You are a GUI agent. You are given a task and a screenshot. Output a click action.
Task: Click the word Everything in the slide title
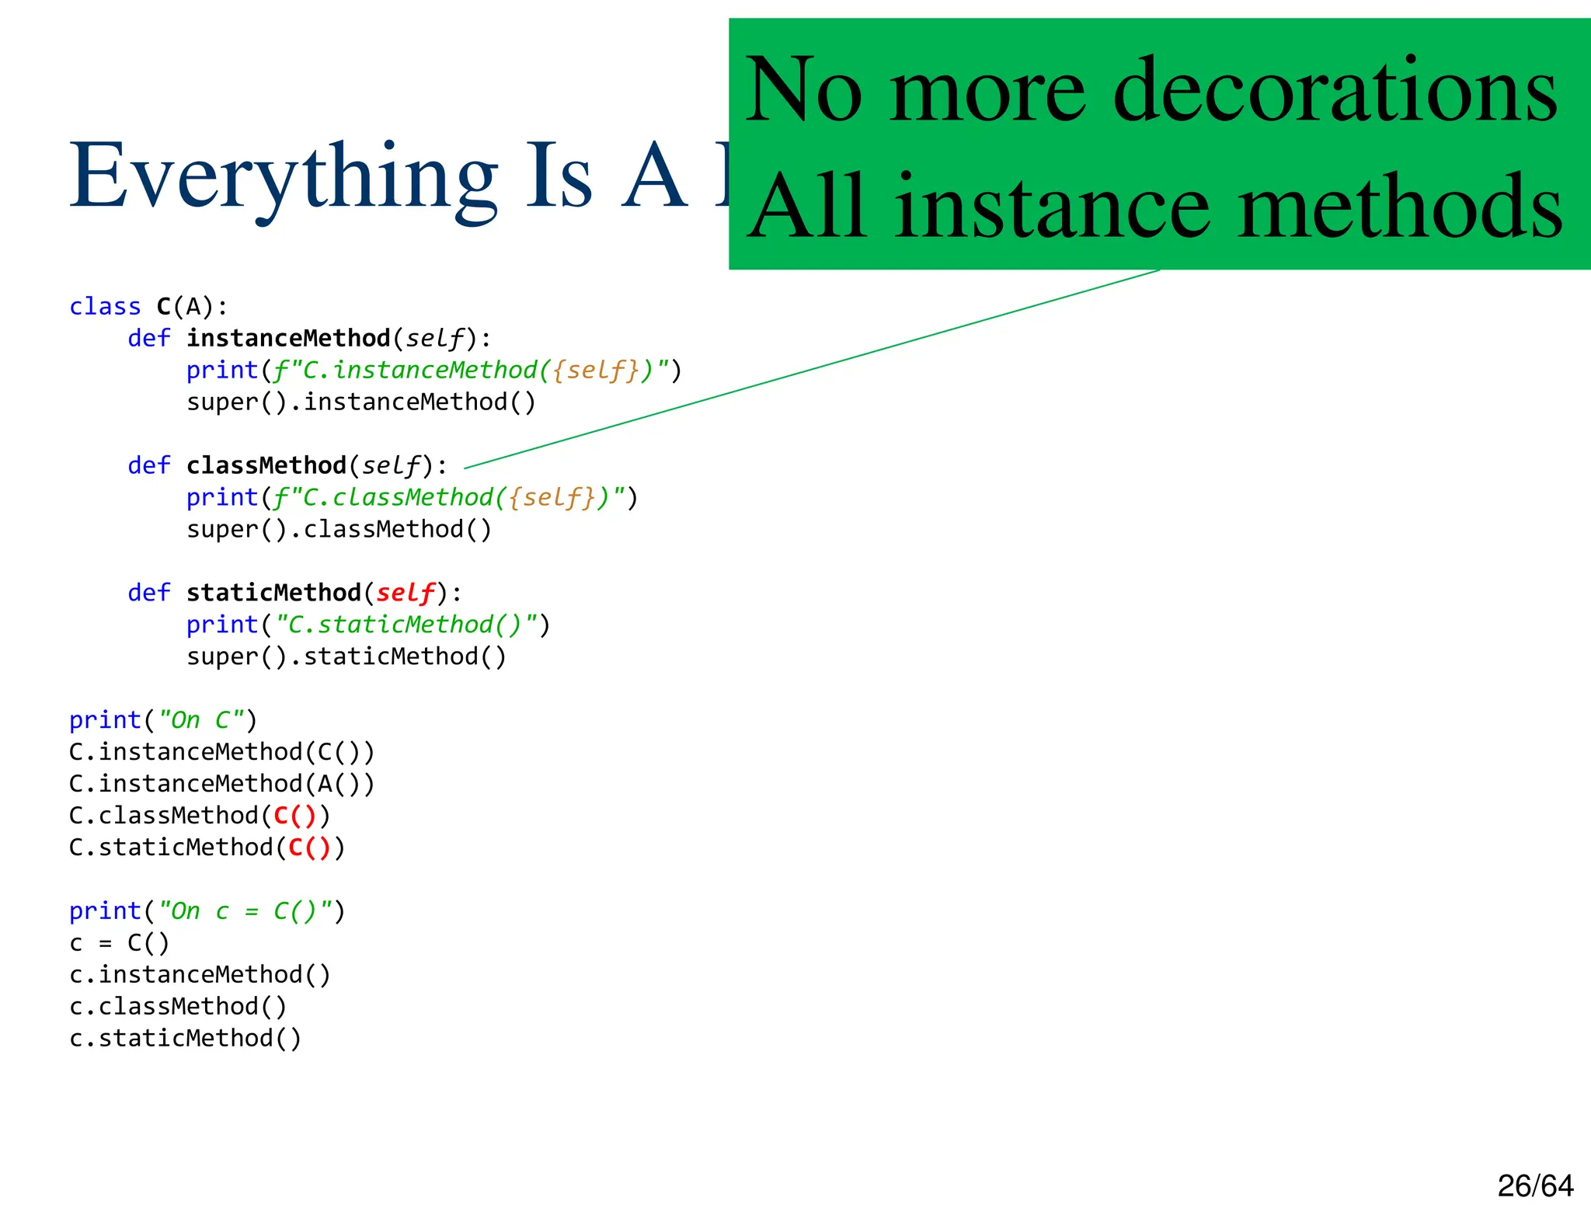click(x=283, y=177)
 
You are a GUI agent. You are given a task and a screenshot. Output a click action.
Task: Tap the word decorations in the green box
click(x=1335, y=92)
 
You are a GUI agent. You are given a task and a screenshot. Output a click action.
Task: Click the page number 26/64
click(x=1535, y=1186)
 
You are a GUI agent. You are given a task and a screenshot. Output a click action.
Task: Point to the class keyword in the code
click(x=105, y=307)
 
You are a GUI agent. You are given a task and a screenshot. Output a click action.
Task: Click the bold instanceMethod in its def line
click(x=288, y=339)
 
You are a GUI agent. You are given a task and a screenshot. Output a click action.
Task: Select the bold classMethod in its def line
click(x=266, y=466)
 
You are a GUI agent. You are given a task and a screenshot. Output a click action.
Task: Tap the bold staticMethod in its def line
click(x=273, y=594)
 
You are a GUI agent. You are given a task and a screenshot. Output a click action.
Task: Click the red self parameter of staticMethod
click(x=405, y=594)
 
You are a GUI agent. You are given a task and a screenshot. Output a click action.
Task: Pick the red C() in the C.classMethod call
click(x=295, y=816)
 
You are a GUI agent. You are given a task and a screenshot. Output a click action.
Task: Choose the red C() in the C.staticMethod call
click(x=310, y=848)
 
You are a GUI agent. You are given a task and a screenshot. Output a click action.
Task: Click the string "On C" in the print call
click(x=200, y=720)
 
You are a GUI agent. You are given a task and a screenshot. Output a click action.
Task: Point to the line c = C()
click(x=119, y=943)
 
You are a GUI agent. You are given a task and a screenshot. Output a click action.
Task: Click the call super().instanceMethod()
click(x=361, y=402)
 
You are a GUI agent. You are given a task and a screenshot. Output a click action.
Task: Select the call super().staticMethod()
click(x=346, y=657)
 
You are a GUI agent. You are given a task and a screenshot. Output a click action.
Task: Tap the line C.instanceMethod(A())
click(x=222, y=784)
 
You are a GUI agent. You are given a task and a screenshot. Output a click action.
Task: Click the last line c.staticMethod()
click(x=185, y=1039)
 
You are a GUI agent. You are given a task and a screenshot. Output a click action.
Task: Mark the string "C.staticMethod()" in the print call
click(x=407, y=625)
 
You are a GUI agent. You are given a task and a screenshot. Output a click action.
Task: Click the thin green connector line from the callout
click(x=812, y=369)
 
